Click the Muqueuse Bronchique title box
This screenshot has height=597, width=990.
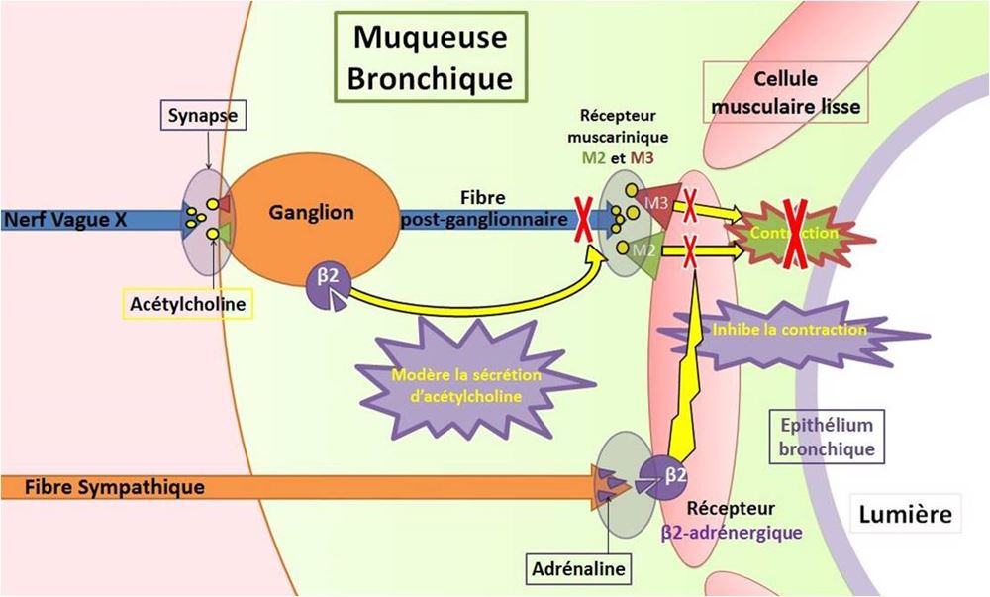pos(432,56)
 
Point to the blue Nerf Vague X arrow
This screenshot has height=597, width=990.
pos(79,220)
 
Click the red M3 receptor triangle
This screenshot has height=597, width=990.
pos(655,204)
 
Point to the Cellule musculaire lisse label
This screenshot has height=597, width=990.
pos(784,92)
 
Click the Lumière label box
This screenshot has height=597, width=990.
pos(905,515)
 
